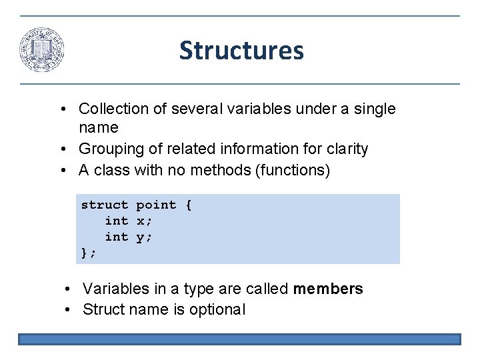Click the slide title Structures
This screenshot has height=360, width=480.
(241, 51)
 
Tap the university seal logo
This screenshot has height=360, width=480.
(42, 51)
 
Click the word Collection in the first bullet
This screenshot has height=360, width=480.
(113, 109)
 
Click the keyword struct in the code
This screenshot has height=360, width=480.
(105, 205)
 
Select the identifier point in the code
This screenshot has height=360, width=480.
(157, 205)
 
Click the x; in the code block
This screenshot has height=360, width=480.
(145, 221)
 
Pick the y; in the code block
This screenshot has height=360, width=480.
(145, 237)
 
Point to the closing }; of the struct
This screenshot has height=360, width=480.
(89, 253)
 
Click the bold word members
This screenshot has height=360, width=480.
(328, 289)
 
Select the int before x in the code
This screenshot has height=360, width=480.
(117, 221)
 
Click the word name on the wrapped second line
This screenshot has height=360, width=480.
(99, 127)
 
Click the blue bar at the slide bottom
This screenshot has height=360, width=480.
(239, 339)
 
